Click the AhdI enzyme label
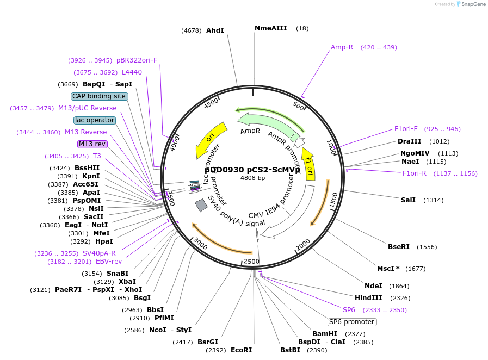(215, 30)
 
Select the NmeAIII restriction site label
(270, 28)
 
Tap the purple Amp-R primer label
(342, 47)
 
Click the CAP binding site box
(100, 96)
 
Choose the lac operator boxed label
(95, 120)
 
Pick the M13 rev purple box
(92, 144)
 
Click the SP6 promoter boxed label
(352, 322)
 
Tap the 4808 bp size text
(252, 178)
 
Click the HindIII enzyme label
(368, 298)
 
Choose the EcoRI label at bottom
(242, 350)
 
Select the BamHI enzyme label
(325, 334)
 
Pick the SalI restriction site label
(408, 200)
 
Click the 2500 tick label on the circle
(251, 262)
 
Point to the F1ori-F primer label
(406, 129)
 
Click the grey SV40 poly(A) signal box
(201, 205)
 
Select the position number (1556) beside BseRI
(427, 247)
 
